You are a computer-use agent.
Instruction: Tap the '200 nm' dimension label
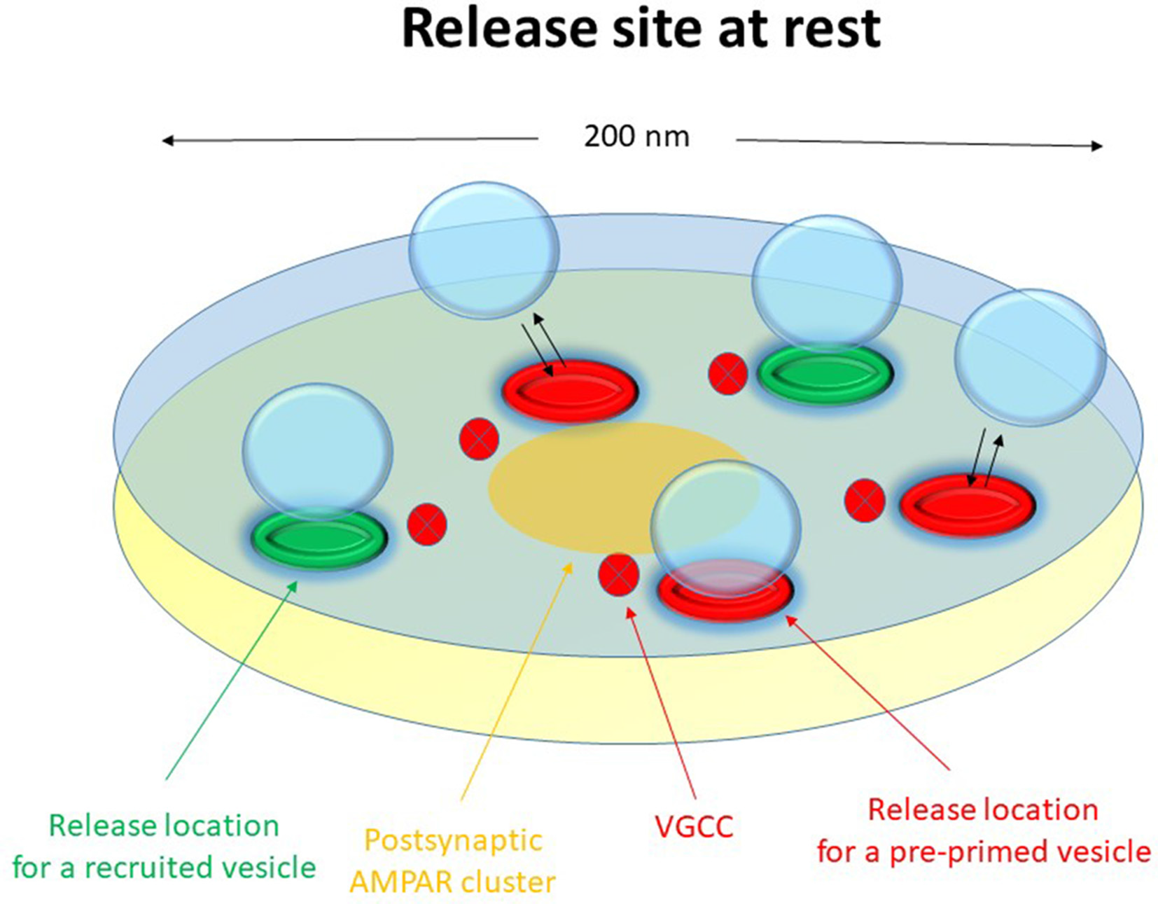[x=636, y=136]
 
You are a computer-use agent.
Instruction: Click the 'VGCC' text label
[x=694, y=827]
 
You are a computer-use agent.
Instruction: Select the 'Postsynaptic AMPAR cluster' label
[x=453, y=861]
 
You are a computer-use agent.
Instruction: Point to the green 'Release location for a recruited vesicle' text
[x=164, y=847]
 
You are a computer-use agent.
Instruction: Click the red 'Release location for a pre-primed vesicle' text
[x=983, y=830]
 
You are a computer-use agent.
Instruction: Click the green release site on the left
[x=319, y=538]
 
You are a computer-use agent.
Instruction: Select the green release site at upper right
[x=825, y=375]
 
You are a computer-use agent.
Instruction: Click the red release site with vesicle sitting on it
[x=725, y=595]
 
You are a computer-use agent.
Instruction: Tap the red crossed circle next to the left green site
[x=427, y=524]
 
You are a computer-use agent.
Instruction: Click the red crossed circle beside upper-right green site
[x=728, y=374]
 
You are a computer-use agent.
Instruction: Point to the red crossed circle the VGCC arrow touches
[x=619, y=575]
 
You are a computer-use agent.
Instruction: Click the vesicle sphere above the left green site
[x=317, y=448]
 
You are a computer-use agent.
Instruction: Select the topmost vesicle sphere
[x=484, y=251]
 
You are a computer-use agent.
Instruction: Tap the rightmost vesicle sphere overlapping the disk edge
[x=1030, y=357]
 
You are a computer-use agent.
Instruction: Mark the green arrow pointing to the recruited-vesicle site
[x=231, y=679]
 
